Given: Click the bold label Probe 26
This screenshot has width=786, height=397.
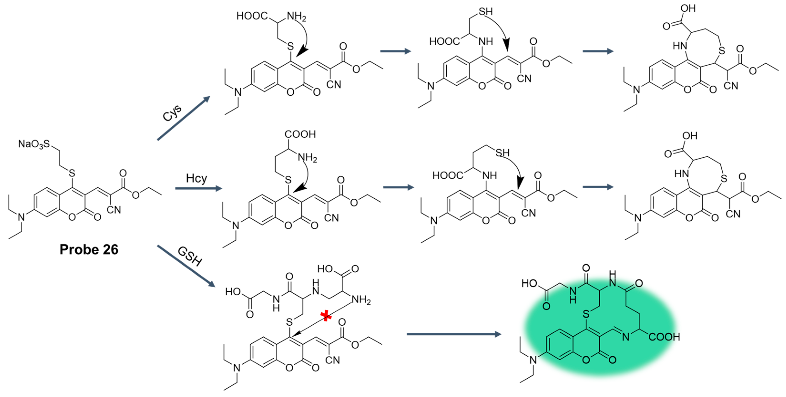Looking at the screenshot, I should coord(89,249).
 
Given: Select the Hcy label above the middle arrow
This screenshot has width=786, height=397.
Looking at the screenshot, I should coord(196,178).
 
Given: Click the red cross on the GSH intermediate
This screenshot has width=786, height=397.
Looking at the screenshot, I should coord(326,316).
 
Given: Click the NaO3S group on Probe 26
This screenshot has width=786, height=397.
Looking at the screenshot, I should coord(34,144).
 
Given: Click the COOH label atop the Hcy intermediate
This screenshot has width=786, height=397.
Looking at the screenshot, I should coord(300,134).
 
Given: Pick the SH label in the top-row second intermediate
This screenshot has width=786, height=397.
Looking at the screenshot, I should coord(485,12).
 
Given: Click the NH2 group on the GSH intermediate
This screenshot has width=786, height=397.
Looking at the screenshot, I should coord(361,300).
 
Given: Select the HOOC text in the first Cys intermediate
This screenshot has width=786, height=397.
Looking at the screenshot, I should coord(252,16).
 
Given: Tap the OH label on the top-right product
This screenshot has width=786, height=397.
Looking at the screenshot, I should coord(688,8).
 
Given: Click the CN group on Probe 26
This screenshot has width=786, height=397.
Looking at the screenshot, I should coord(114,210).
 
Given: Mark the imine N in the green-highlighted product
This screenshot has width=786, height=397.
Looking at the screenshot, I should coord(626,337).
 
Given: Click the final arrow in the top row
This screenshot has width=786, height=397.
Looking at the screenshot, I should coord(598,51).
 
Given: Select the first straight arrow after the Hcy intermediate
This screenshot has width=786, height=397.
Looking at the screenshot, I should coord(398,187).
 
